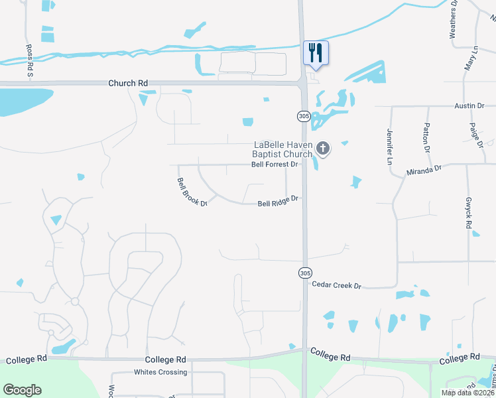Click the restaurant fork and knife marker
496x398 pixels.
pos(315,53)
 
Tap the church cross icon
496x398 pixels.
pos(323,148)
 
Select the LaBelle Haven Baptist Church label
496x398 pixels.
pos(283,150)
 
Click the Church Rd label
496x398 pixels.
pos(129,83)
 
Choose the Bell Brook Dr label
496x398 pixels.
pos(192,192)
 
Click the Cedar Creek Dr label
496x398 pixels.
pos(336,285)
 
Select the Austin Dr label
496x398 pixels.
pos(470,105)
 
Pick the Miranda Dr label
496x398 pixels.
pos(424,171)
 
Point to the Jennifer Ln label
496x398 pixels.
pos(389,147)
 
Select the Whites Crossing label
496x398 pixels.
pos(160,372)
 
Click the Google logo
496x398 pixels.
pos(22,389)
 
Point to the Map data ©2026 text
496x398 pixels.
pos(467,393)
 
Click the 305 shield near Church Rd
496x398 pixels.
pos(304,116)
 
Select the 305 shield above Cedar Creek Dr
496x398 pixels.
pos(304,273)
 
